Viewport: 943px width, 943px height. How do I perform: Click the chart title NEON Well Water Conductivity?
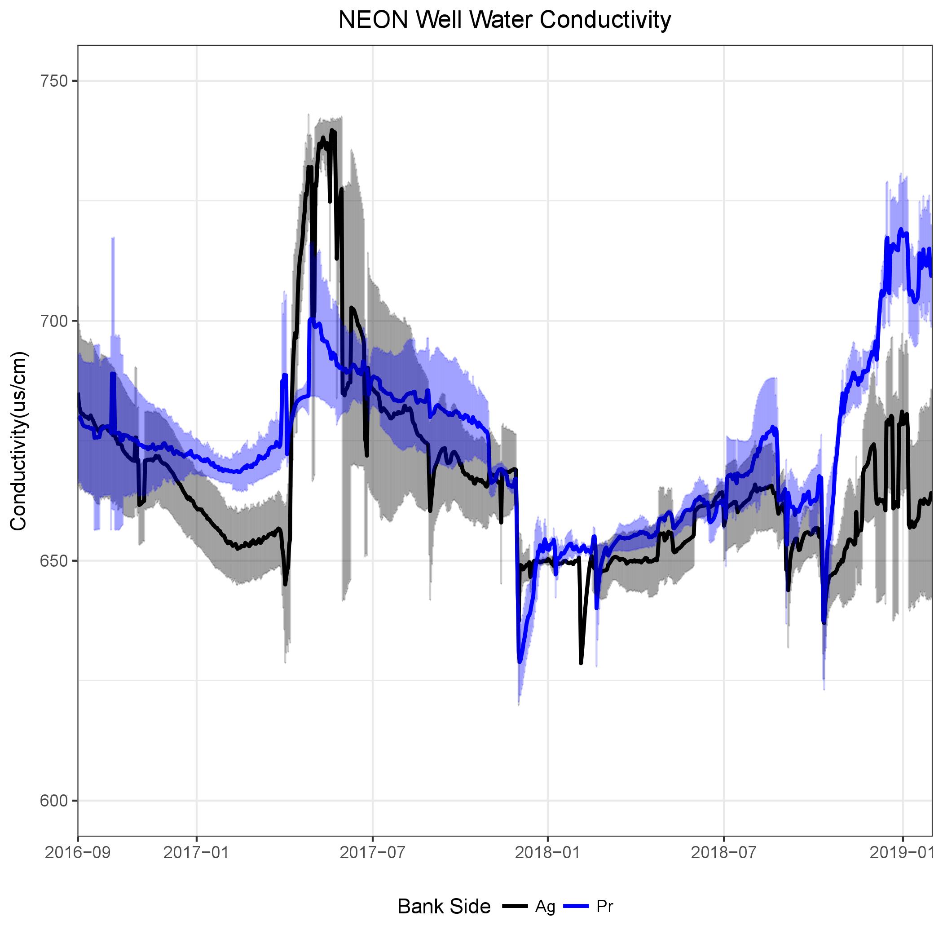point(505,21)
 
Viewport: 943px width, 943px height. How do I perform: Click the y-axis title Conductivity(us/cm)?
point(18,441)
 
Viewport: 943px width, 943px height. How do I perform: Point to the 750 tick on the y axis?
point(53,81)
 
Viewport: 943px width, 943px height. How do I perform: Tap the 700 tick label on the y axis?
point(53,321)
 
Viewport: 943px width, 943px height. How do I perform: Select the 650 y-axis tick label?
point(53,561)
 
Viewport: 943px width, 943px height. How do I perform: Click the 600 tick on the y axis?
point(53,801)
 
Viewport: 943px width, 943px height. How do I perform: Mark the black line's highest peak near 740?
point(332,130)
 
